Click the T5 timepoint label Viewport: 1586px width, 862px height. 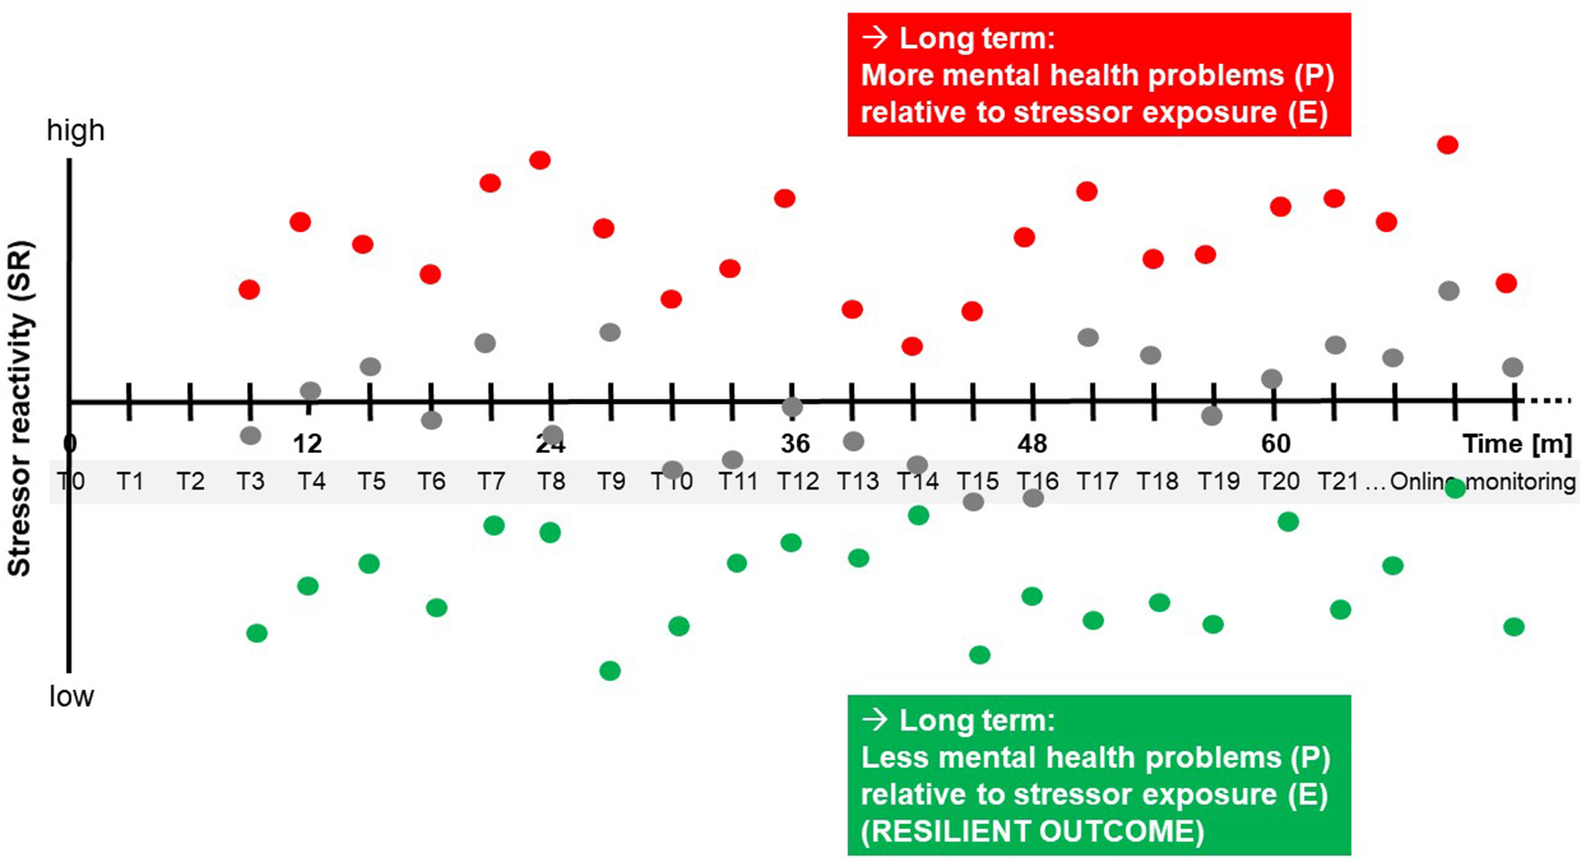[371, 482]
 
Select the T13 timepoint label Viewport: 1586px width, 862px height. [857, 482]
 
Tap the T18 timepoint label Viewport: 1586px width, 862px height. [1157, 482]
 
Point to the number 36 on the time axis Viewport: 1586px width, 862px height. [795, 444]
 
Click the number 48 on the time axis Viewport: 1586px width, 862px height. [1032, 444]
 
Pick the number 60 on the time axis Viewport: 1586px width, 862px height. [1275, 444]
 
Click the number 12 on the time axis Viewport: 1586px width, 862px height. [307, 444]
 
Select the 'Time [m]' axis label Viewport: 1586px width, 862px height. [1517, 444]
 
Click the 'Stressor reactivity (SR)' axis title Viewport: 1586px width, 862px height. [20, 408]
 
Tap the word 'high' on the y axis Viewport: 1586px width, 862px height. [76, 131]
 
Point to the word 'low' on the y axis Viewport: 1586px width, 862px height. [72, 696]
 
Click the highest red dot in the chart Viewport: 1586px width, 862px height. [1447, 145]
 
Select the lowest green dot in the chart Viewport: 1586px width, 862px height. [610, 670]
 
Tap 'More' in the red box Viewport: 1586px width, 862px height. [898, 76]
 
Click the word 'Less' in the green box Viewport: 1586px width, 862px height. [895, 758]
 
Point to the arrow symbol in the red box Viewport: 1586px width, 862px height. [874, 38]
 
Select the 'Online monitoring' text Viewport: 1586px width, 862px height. [1482, 482]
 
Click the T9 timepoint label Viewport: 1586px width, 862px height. [611, 482]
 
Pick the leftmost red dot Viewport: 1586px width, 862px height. [250, 289]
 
